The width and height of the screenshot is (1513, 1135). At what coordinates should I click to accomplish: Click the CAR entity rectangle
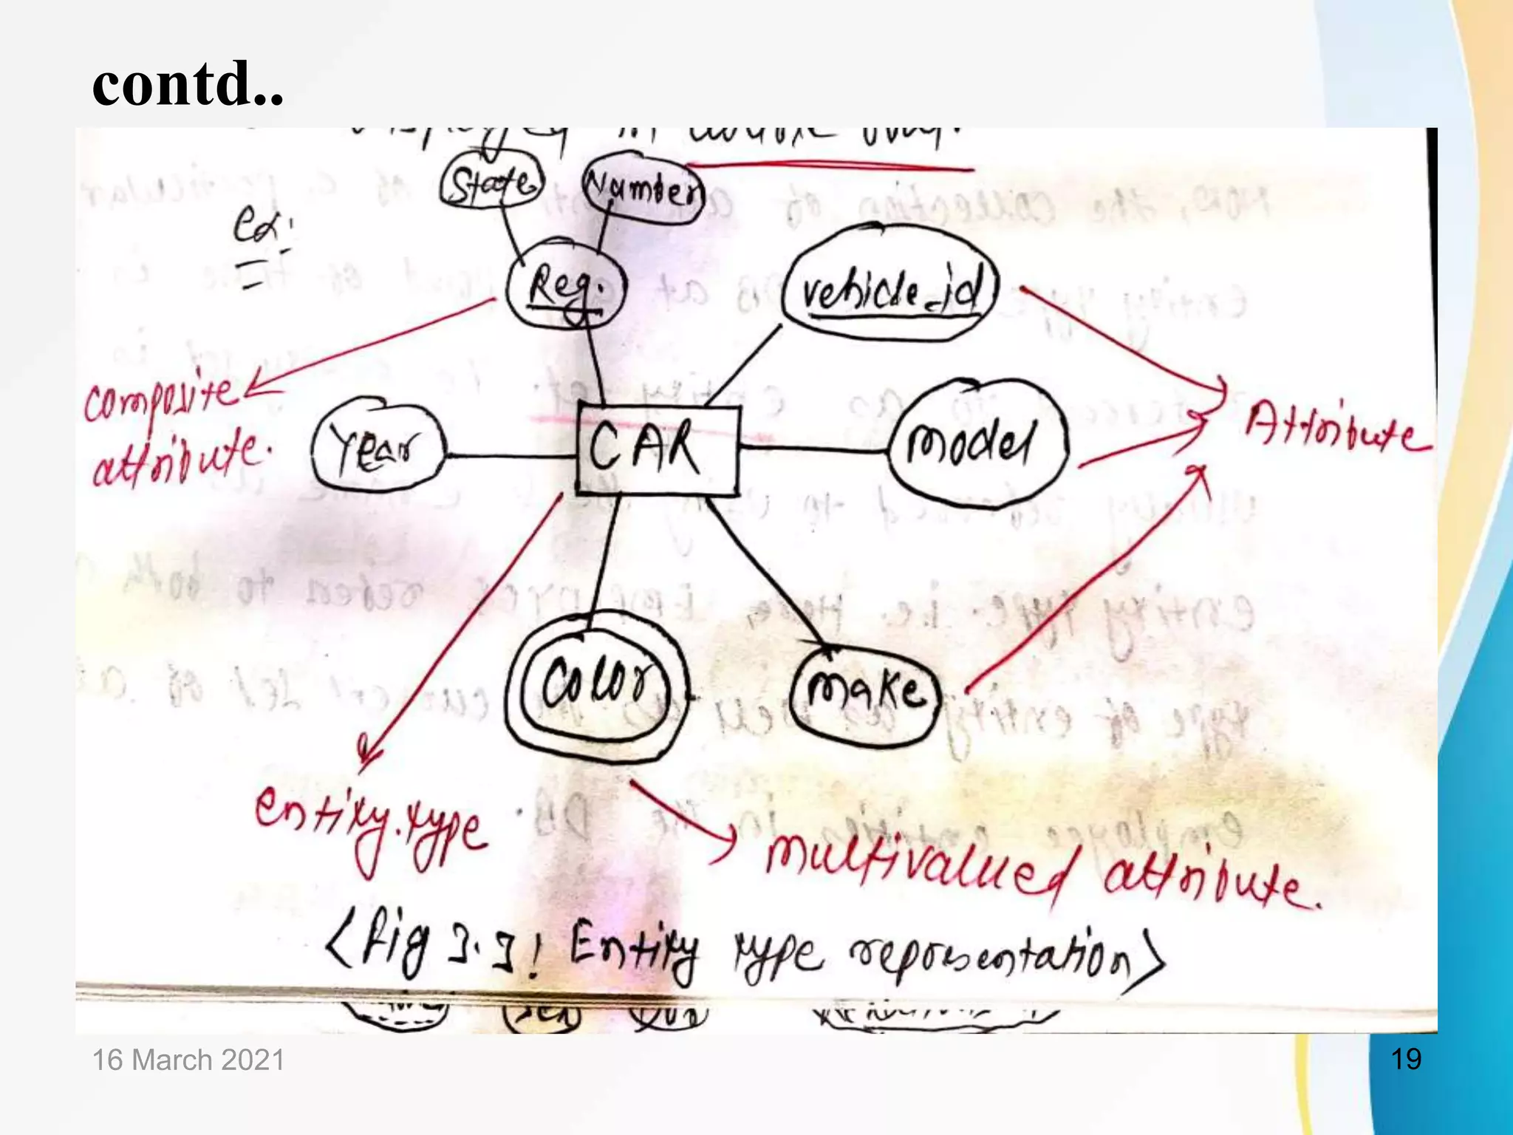(x=657, y=449)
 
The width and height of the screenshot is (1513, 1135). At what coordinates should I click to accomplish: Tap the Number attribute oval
(x=643, y=190)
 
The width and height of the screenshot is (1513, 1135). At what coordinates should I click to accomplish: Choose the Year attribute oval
(x=378, y=447)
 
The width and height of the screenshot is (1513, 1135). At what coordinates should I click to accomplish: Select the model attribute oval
(x=977, y=443)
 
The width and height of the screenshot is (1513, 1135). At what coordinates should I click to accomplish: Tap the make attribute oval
(x=865, y=692)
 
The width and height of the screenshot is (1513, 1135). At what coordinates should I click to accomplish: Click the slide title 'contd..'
(x=188, y=83)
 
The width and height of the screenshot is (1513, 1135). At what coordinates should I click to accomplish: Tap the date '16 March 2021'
(x=188, y=1060)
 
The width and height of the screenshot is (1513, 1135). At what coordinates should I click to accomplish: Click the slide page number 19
(x=1406, y=1059)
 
